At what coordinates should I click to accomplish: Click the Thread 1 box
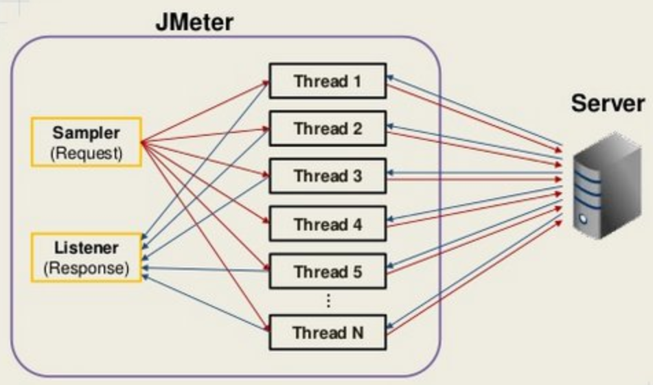[x=328, y=81]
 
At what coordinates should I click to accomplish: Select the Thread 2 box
[x=328, y=128]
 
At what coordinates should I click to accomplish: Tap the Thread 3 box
[x=328, y=176]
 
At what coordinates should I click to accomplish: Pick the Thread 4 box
[x=328, y=224]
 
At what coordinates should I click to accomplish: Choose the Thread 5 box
[x=328, y=272]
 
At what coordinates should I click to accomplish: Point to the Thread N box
[x=328, y=333]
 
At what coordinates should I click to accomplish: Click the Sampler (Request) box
[x=87, y=142]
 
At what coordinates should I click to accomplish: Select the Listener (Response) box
[x=87, y=257]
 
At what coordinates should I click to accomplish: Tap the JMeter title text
[x=194, y=21]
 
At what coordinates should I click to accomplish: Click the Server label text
[x=608, y=103]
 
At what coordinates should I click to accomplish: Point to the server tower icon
[x=598, y=185]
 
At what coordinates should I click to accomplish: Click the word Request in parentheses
[x=87, y=153]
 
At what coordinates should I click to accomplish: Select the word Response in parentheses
[x=87, y=268]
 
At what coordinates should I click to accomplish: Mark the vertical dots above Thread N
[x=328, y=301]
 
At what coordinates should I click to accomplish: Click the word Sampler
[x=87, y=132]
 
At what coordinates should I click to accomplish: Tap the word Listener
[x=87, y=247]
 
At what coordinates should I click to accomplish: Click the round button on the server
[x=583, y=220]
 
